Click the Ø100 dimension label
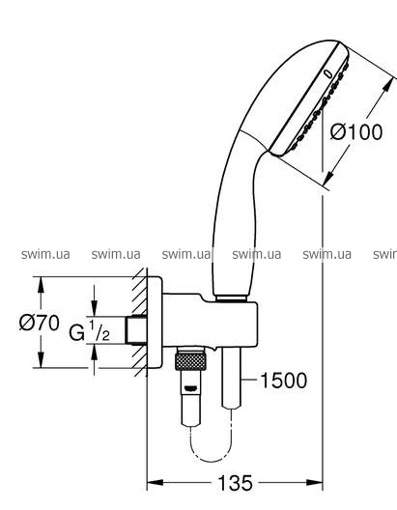(x=356, y=132)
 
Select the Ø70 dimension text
(x=39, y=323)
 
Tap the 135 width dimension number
(x=235, y=483)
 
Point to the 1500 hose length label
(x=284, y=381)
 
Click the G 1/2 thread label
(x=90, y=331)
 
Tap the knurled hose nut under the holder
(x=190, y=361)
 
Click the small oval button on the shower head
(x=328, y=74)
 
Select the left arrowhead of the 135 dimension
(x=156, y=482)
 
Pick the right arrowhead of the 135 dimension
(x=315, y=482)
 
